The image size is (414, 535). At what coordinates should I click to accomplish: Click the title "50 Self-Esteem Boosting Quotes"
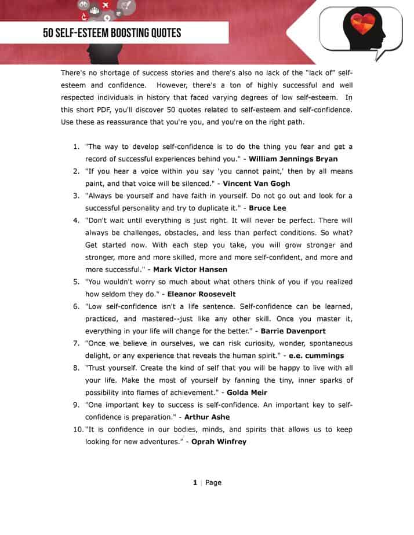pyautogui.click(x=112, y=33)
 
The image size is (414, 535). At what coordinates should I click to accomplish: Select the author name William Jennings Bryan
pyautogui.click(x=293, y=159)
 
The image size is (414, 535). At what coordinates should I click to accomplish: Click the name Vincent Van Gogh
pyautogui.click(x=256, y=183)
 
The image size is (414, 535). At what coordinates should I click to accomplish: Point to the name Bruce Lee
pyautogui.click(x=267, y=208)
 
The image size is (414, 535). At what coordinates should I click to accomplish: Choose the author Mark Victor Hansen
pyautogui.click(x=190, y=269)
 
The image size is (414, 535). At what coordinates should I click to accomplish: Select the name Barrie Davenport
pyautogui.click(x=293, y=331)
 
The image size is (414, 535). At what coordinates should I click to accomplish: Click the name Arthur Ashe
pyautogui.click(x=207, y=417)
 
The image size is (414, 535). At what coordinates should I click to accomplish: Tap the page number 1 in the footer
pyautogui.click(x=195, y=482)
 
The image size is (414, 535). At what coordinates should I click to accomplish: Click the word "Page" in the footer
pyautogui.click(x=213, y=482)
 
